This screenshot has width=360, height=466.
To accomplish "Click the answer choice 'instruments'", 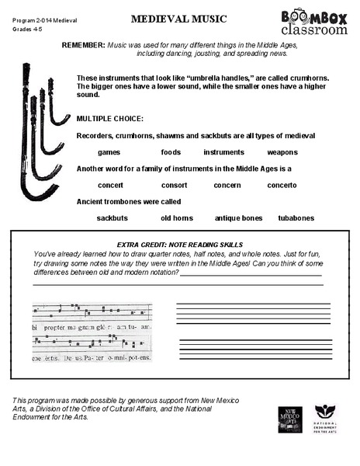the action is [x=223, y=152].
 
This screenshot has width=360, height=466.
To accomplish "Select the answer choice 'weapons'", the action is [x=282, y=152].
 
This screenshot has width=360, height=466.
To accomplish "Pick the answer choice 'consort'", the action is [x=174, y=186].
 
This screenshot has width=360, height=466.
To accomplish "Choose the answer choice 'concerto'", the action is [x=282, y=186].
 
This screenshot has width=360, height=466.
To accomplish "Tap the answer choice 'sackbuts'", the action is [x=112, y=218].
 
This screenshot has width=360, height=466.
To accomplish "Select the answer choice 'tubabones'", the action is [x=296, y=218].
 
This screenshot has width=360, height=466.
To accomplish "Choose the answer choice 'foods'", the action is [x=171, y=152].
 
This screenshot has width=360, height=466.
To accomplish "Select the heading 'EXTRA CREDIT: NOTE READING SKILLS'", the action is [x=179, y=244].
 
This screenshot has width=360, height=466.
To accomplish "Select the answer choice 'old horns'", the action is [x=177, y=218].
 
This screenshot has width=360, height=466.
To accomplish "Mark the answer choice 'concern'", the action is [x=227, y=186].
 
